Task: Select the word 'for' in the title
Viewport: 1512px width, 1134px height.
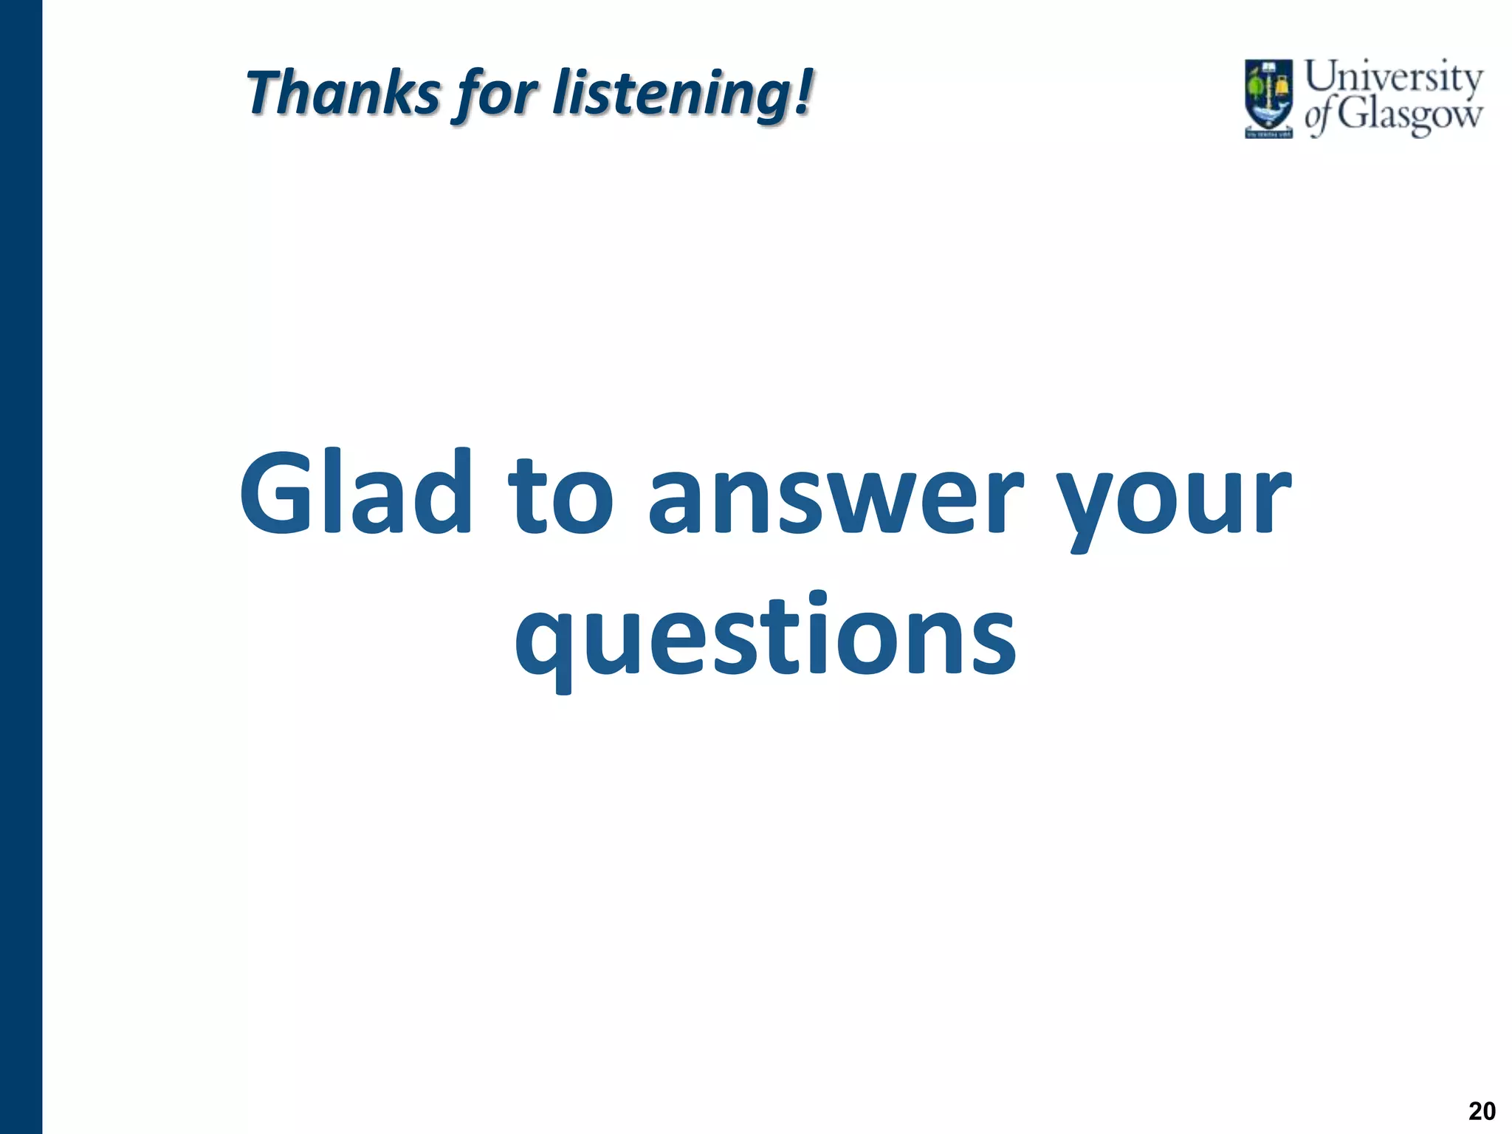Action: [x=496, y=94]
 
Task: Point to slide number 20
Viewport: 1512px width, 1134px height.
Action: [x=1482, y=1110]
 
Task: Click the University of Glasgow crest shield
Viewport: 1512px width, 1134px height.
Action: [x=1268, y=94]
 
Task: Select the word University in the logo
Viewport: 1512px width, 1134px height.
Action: [x=1394, y=78]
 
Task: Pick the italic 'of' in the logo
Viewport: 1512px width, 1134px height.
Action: [x=1319, y=118]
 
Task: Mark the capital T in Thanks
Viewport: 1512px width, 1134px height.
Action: [x=267, y=93]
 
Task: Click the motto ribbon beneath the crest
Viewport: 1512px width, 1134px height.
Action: [x=1268, y=135]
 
